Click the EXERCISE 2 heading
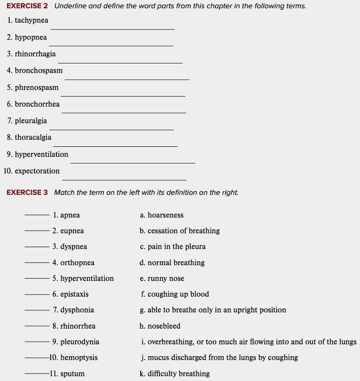tap(27, 6)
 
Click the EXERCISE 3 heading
tap(27, 193)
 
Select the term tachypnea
tap(31, 20)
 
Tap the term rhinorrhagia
tap(35, 54)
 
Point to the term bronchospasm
tap(39, 71)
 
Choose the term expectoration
tap(37, 171)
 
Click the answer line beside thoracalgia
tap(115, 146)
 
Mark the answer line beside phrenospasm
tap(123, 96)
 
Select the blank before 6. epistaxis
tap(37, 294)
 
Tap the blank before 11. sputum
tap(37, 374)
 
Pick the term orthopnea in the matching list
tap(77, 263)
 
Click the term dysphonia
tap(77, 310)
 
